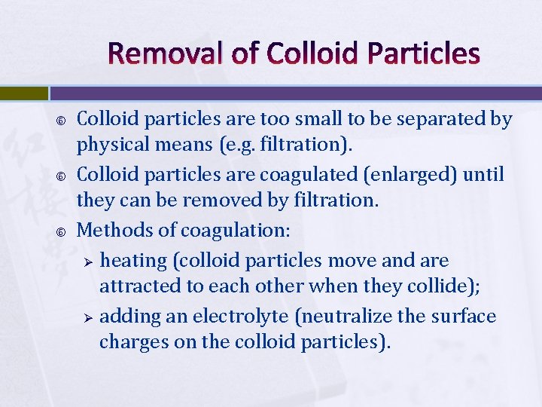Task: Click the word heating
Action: point(133,261)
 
